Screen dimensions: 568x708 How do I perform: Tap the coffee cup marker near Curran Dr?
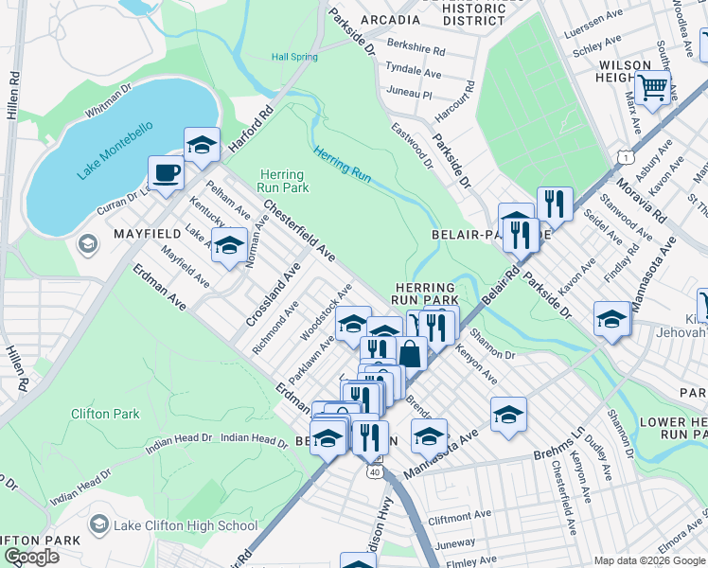point(166,174)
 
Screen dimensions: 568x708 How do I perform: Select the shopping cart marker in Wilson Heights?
point(652,89)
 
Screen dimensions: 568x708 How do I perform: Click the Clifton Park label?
point(105,414)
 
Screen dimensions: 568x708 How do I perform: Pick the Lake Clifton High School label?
point(185,525)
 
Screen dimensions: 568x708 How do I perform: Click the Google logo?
point(31,557)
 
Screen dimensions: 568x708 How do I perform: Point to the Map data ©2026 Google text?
point(649,560)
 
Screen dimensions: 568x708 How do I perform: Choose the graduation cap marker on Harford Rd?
point(202,145)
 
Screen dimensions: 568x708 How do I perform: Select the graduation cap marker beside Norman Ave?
point(228,246)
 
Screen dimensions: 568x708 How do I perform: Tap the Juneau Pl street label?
point(408,95)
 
